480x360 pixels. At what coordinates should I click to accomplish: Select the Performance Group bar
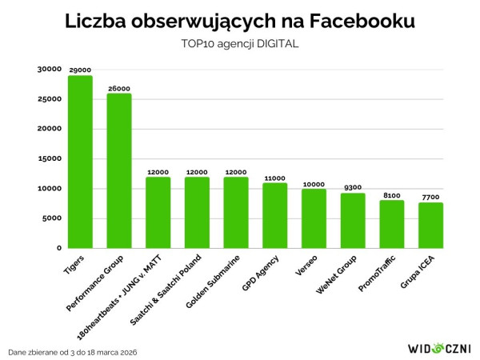[119, 170]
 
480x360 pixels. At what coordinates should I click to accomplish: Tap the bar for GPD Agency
[275, 215]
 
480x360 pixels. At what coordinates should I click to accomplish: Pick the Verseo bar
[314, 218]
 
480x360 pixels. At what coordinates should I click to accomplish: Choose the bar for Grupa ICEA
[431, 225]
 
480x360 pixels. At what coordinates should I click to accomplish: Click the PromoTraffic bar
[392, 224]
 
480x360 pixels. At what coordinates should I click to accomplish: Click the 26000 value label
[119, 89]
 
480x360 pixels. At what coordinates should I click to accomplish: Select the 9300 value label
[353, 188]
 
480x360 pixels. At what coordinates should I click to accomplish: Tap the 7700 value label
[431, 198]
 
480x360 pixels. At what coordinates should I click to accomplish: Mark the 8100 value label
[392, 195]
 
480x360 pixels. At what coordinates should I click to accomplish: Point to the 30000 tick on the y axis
[50, 70]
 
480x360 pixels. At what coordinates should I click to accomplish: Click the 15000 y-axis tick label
[50, 158]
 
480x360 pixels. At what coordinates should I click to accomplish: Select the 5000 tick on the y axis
[53, 218]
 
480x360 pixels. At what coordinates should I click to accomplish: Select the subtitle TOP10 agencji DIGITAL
[240, 44]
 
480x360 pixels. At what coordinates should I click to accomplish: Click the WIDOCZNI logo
[438, 348]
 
